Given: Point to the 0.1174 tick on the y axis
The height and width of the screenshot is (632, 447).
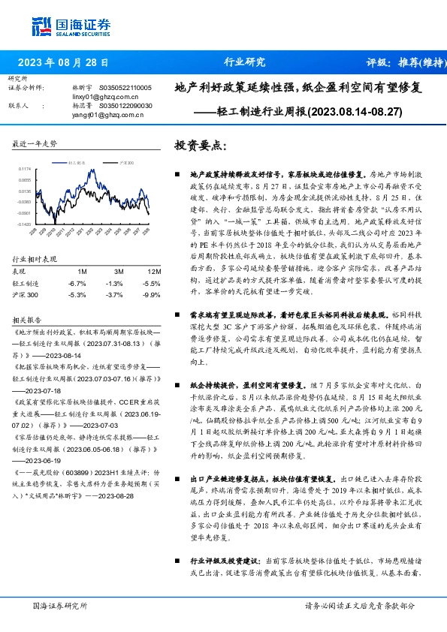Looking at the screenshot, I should click(26, 170).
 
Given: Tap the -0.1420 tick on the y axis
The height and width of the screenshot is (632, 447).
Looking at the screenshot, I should click(26, 224).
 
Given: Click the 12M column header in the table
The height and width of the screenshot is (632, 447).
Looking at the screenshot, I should click(153, 271).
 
